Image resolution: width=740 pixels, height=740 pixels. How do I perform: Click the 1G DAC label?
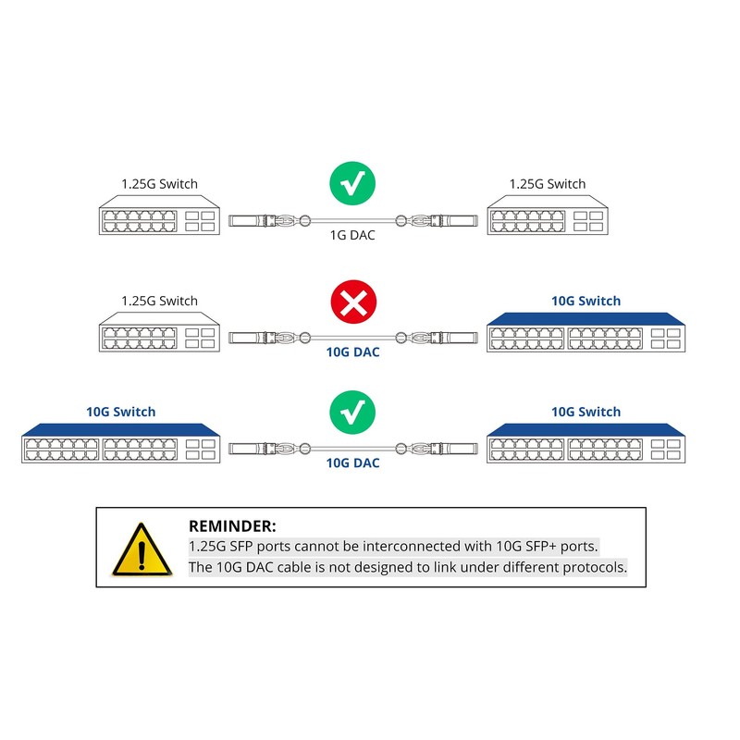point(353,235)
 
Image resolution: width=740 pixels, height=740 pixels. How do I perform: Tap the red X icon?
point(353,302)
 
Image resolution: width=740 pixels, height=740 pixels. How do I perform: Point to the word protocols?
point(593,567)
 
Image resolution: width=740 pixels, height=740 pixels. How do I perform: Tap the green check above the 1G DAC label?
point(353,185)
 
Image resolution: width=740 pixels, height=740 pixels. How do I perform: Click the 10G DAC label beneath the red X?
point(353,351)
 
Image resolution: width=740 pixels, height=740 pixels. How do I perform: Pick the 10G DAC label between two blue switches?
point(353,462)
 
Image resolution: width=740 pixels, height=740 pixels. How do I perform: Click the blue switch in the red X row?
point(586,332)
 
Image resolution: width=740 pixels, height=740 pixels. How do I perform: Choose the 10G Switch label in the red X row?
point(586,301)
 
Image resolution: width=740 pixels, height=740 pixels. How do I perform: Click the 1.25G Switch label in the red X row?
point(159,301)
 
